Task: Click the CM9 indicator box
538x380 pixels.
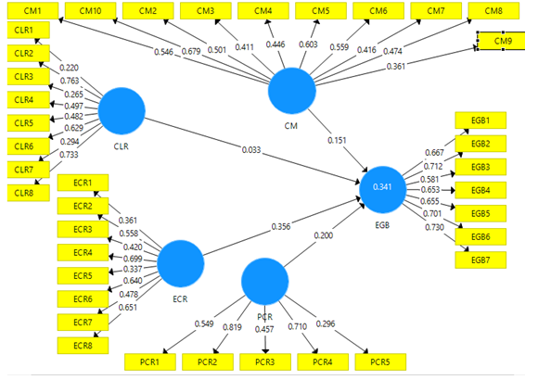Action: (501, 41)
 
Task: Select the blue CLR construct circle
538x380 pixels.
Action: (122, 111)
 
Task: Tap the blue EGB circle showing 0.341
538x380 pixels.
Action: (382, 190)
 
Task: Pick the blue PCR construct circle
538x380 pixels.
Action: (265, 282)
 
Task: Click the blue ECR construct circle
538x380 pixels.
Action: (181, 264)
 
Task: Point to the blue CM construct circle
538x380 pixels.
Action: (291, 91)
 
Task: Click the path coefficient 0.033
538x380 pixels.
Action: (251, 150)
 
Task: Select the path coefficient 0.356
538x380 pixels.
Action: (281, 227)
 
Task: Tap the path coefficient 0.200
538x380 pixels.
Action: (323, 235)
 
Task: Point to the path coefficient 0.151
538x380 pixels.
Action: (337, 140)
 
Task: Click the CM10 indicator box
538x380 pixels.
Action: (91, 10)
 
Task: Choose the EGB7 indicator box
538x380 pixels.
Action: (480, 260)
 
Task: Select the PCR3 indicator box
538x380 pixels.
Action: (265, 361)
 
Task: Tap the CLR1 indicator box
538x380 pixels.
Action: (29, 31)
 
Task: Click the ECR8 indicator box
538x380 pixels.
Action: (83, 346)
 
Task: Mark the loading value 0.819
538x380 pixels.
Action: (232, 327)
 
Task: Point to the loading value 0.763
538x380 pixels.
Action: (70, 81)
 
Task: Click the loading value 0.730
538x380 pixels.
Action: (434, 227)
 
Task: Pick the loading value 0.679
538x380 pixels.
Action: (191, 52)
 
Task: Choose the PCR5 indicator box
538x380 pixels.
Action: (380, 361)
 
